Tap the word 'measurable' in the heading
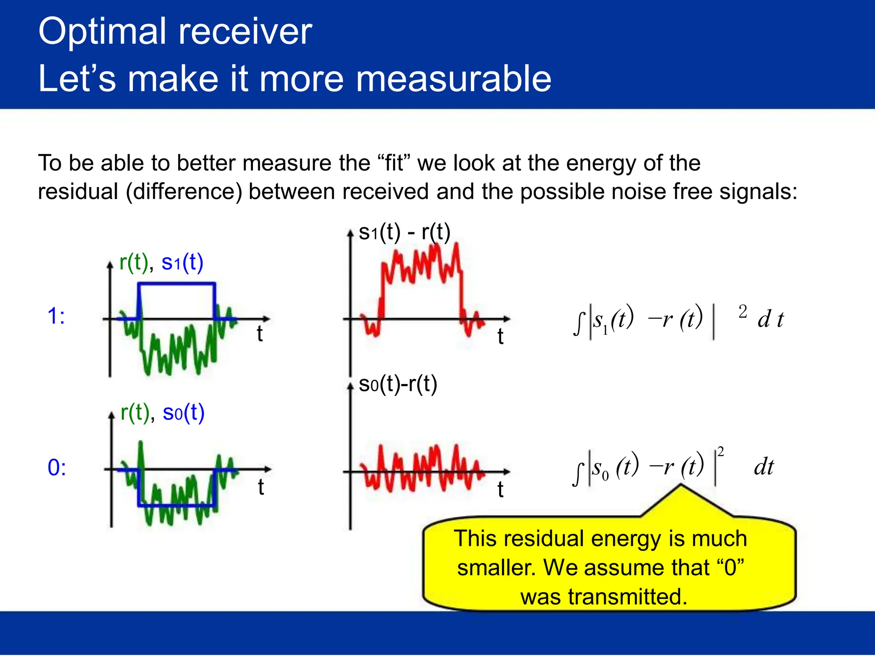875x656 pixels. pos(453,79)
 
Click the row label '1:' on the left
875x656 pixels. pos(56,316)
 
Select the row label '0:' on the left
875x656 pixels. pos(56,467)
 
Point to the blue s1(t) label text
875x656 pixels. pos(182,262)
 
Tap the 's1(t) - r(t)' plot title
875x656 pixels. pos(404,232)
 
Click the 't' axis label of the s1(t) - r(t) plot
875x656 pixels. pos(500,337)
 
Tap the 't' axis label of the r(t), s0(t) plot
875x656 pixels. pos(261,487)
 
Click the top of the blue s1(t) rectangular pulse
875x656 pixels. pos(176,283)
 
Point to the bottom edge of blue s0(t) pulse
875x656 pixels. pos(176,506)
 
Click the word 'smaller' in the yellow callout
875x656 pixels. pos(496,568)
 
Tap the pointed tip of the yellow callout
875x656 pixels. pos(681,486)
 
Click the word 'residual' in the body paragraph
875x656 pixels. pos(78,191)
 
